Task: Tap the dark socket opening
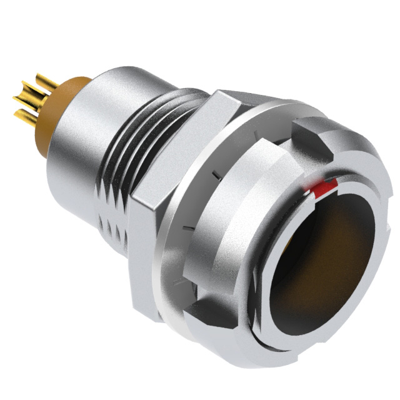325,262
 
